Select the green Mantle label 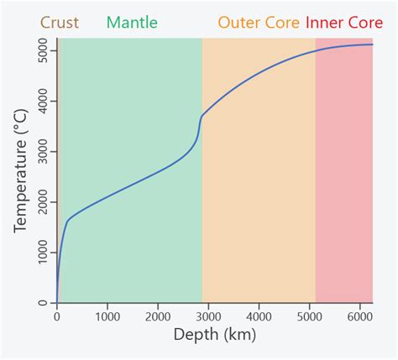(x=132, y=23)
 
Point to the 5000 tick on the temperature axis (x=40, y=51)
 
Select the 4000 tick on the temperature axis (x=40, y=102)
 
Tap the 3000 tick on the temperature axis (x=40, y=152)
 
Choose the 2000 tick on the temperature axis (x=40, y=202)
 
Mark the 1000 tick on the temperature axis (x=40, y=253)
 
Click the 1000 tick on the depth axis (x=107, y=317)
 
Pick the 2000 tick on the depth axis (x=158, y=317)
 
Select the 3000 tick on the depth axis (x=208, y=317)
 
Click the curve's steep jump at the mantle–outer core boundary (x=200, y=128)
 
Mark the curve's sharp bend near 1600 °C (x=67, y=221)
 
